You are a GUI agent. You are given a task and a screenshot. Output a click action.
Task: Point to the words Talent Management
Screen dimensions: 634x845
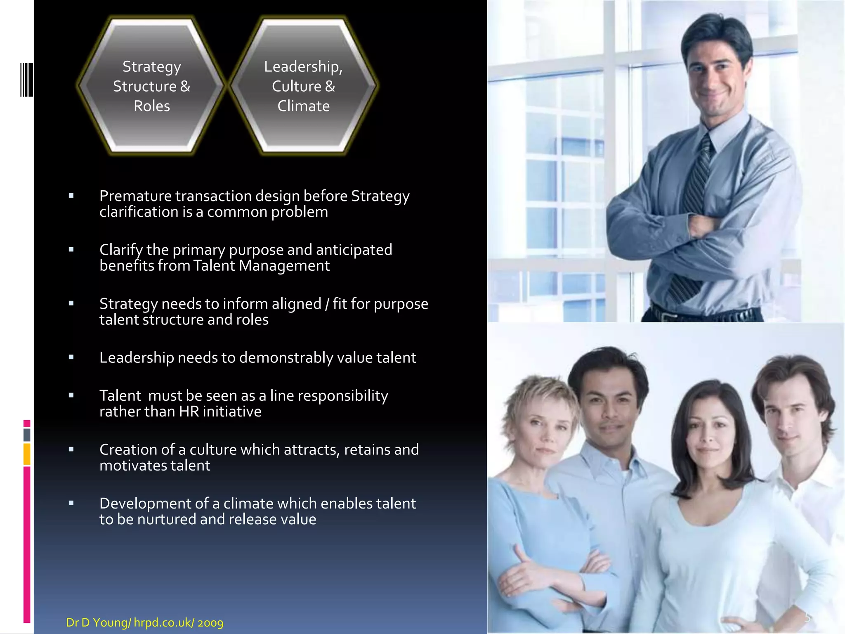pos(261,266)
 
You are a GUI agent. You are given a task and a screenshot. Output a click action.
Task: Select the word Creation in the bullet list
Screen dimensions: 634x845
pos(127,449)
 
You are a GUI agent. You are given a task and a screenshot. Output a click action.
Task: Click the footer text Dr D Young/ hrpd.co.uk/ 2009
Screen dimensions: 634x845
pos(144,622)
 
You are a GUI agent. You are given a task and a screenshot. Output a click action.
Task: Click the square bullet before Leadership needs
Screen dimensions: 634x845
pos(71,357)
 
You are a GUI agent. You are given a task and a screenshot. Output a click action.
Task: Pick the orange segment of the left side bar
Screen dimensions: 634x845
pos(27,454)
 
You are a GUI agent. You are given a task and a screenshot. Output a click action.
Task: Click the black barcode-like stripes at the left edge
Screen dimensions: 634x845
pos(26,80)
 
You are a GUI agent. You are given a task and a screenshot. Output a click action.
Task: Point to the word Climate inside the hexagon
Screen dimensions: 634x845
pos(303,106)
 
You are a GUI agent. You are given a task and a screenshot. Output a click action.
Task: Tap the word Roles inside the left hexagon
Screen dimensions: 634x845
pos(151,106)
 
